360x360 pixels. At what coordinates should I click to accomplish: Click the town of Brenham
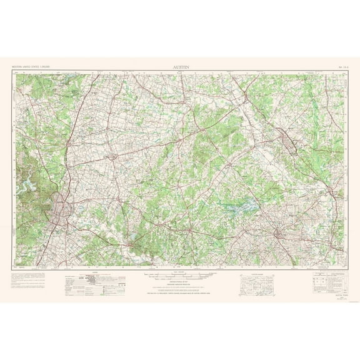(x=279, y=234)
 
